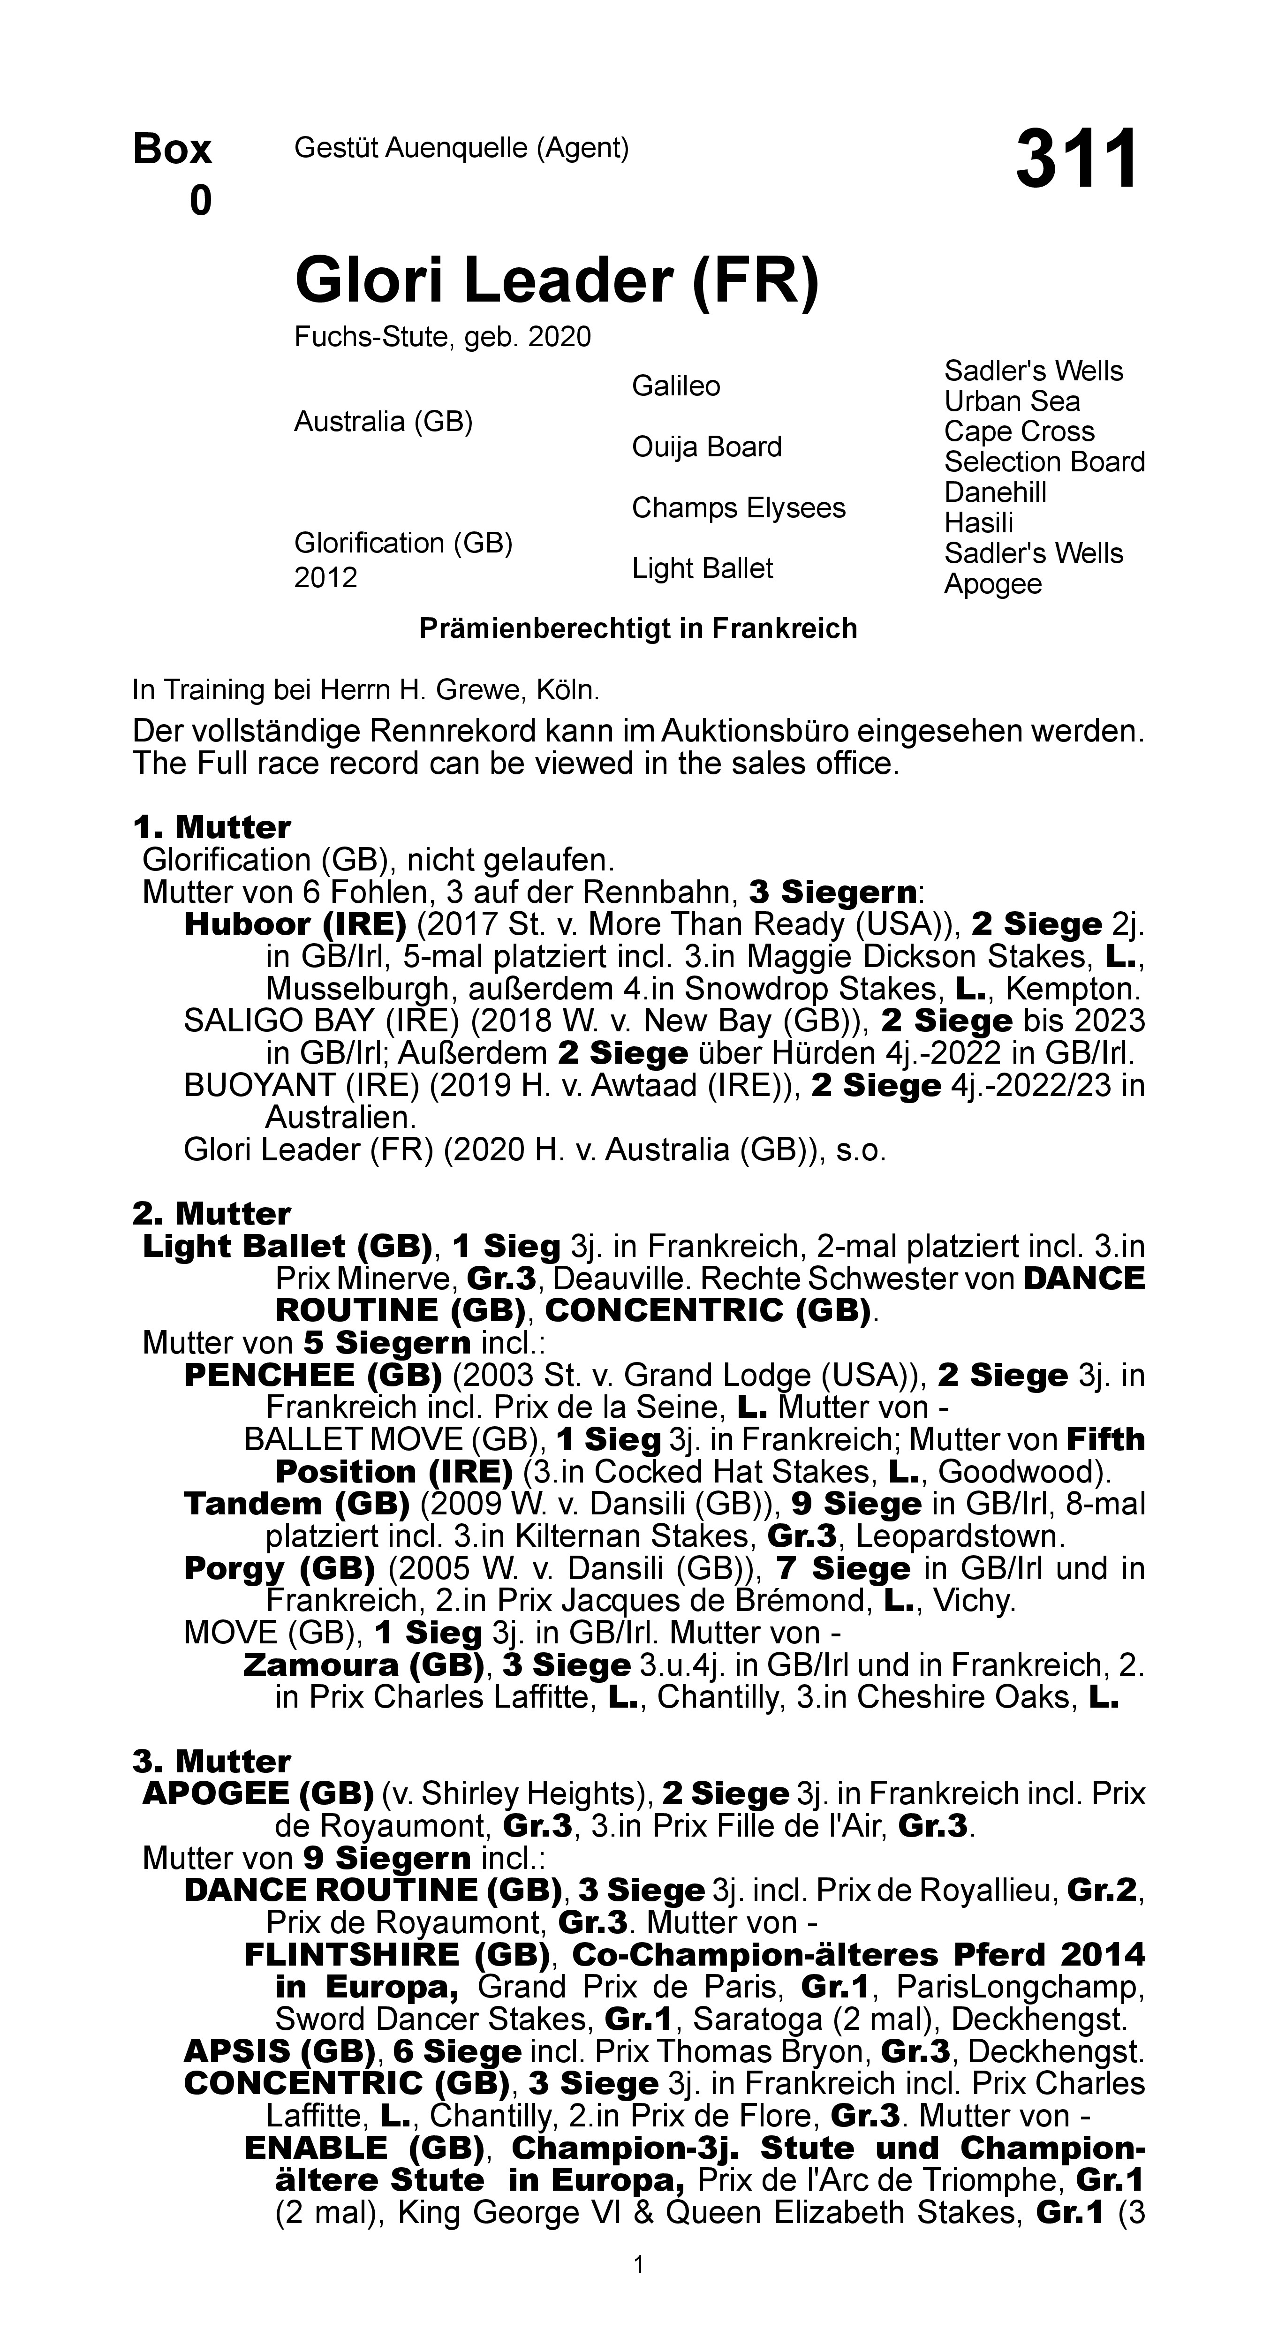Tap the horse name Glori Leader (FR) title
[x=556, y=281]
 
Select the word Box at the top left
[x=172, y=149]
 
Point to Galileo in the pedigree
[x=675, y=386]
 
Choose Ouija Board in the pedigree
[x=706, y=447]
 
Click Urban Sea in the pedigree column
[x=1011, y=401]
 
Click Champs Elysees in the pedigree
[x=738, y=508]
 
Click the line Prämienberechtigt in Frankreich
[x=638, y=629]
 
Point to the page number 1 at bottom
[x=639, y=2264]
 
